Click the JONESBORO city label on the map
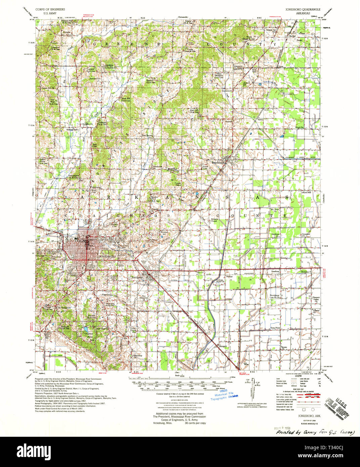coord(107,257)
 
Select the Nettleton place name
coord(137,278)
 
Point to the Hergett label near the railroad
coord(223,346)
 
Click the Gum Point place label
coord(275,328)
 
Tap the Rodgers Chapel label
coord(214,220)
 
